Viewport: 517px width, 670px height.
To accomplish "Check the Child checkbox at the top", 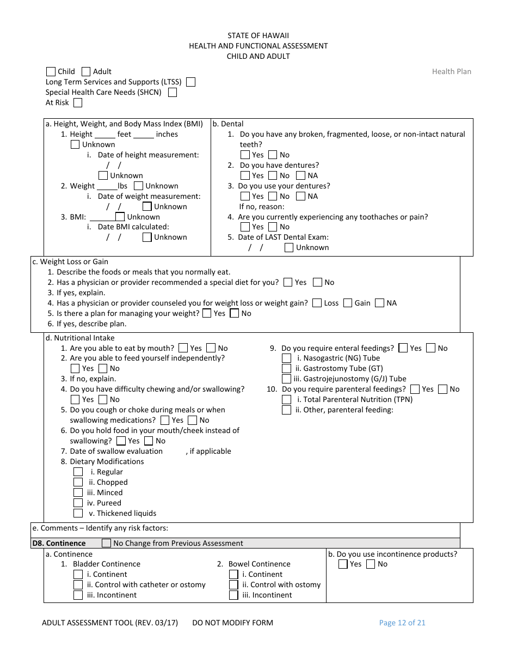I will [51, 71].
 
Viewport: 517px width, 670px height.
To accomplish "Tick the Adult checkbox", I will [86, 71].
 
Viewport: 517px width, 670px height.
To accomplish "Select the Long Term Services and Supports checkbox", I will [190, 82].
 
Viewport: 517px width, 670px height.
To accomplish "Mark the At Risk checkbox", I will [78, 102].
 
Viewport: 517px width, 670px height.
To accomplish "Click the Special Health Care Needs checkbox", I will [173, 92].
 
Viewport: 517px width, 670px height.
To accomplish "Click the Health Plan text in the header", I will [451, 71].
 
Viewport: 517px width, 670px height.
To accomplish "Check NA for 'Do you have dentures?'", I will [301, 175].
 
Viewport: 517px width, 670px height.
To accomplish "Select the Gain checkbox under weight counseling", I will [348, 303].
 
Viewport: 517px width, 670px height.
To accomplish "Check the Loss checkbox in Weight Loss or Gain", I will [317, 303].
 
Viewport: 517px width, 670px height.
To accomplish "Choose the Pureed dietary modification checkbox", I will [78, 503].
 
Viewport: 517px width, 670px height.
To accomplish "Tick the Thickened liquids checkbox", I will [78, 513].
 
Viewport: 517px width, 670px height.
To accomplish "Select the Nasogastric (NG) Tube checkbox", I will [286, 358].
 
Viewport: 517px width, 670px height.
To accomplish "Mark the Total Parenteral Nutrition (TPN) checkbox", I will [286, 399].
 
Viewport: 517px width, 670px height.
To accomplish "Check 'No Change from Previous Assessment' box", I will [107, 543].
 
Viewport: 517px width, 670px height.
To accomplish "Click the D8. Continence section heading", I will [59, 543].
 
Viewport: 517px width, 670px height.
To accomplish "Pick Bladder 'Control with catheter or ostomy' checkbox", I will [78, 584].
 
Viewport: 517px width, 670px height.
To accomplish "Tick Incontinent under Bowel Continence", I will [233, 595].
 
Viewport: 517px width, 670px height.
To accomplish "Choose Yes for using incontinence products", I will [343, 564].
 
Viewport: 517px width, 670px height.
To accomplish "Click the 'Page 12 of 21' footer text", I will [402, 623].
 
